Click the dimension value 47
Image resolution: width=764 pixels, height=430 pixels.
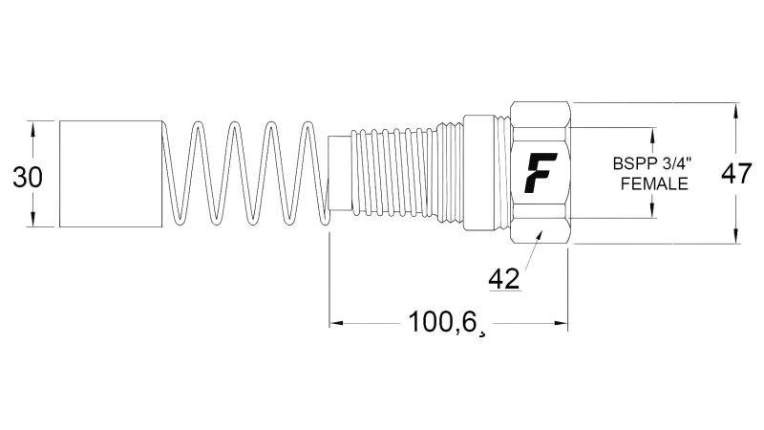(x=733, y=174)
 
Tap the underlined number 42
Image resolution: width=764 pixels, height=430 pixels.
(x=503, y=278)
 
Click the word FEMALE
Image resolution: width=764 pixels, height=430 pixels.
(x=654, y=184)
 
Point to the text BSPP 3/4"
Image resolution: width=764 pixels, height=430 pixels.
(x=653, y=165)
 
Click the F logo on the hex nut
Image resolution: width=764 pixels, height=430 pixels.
(x=541, y=173)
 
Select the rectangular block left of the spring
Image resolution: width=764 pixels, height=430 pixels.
(x=110, y=174)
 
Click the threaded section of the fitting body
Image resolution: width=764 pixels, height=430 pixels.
(x=401, y=174)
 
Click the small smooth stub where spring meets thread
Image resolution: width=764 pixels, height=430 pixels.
(x=339, y=174)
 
